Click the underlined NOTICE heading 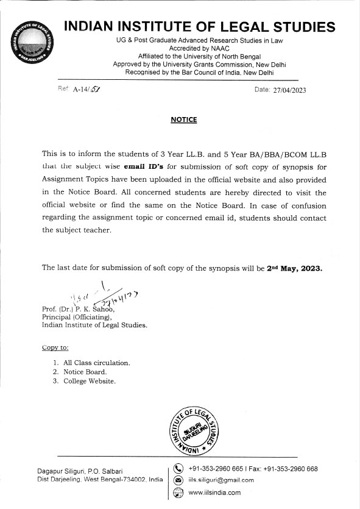184,120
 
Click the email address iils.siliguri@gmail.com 221,480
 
